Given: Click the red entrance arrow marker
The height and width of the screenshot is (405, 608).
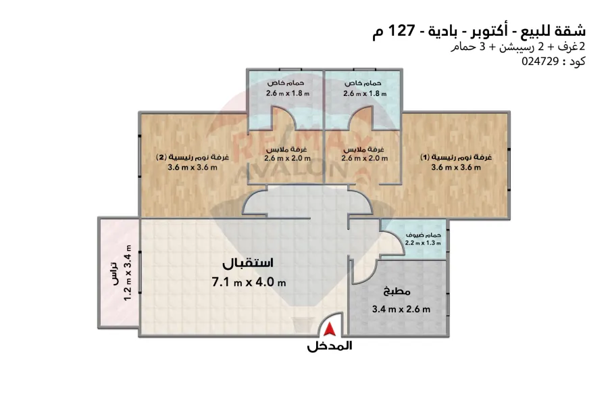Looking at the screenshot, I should tap(330, 329).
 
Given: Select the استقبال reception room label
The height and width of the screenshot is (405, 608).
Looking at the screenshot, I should tap(249, 262).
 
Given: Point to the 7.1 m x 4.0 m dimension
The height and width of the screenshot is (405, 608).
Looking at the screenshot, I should tap(249, 282).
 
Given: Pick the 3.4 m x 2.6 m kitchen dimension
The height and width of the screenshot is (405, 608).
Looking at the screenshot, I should tap(401, 310).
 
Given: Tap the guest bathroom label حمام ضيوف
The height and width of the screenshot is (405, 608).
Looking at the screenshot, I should tap(423, 234).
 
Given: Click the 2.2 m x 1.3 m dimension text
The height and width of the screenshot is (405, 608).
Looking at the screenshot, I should tap(423, 243).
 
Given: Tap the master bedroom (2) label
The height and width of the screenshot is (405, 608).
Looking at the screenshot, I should tap(192, 158).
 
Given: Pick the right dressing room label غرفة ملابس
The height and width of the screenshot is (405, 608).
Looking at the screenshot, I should tap(365, 149).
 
